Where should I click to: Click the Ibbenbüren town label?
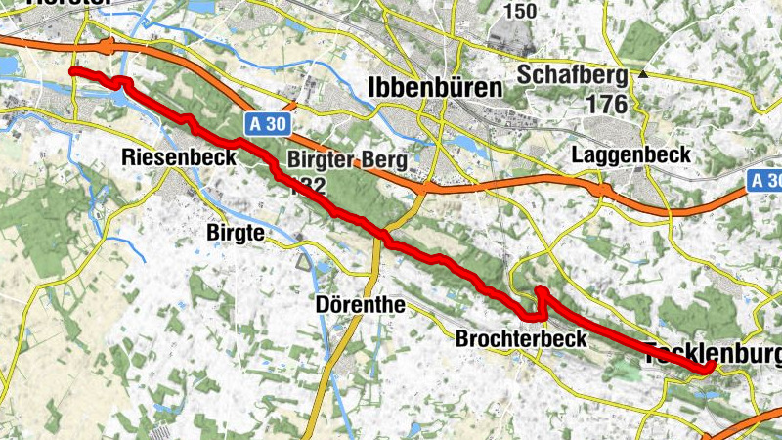tap(436, 88)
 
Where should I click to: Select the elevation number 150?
tap(520, 12)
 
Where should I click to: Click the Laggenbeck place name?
tap(632, 154)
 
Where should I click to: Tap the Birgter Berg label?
tap(333, 161)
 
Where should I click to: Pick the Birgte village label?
tap(237, 233)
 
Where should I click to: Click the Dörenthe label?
tap(361, 304)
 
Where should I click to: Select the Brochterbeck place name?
tap(521, 339)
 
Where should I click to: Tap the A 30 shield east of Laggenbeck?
tap(765, 181)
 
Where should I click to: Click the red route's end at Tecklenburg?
tap(707, 368)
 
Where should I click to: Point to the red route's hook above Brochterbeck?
tap(540, 292)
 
